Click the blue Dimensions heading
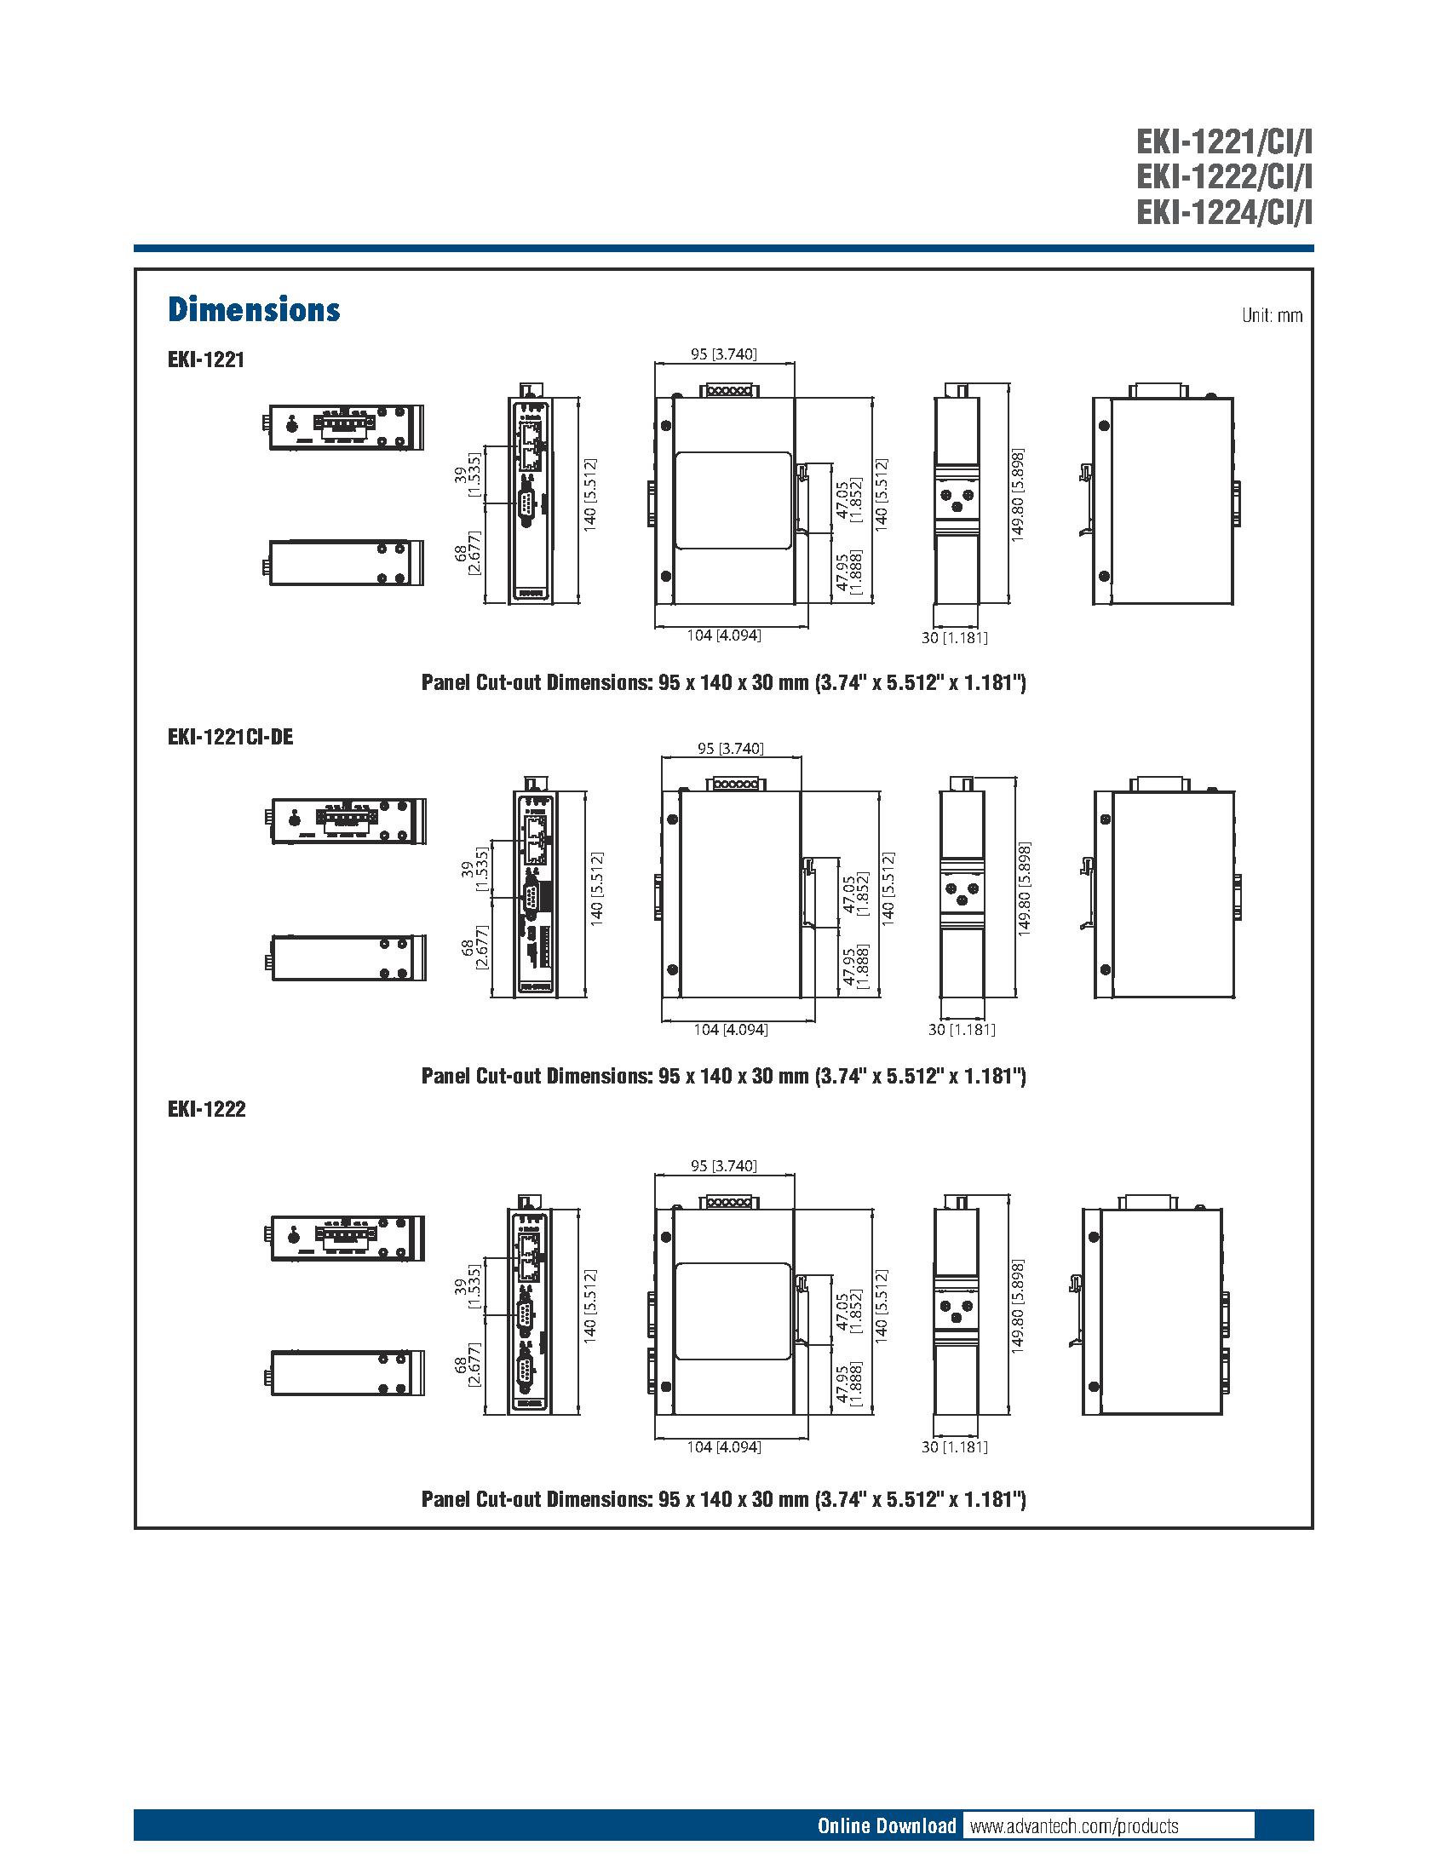pos(254,310)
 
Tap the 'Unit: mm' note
pos(1272,316)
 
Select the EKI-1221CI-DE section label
pos(231,737)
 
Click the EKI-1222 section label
pos(207,1109)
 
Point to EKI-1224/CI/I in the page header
pos(1224,212)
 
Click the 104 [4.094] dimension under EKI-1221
pos(724,635)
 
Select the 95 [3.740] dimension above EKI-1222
pos(724,1165)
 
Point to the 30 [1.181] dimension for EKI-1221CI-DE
pos(962,1030)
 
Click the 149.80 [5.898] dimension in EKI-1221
pos(1017,493)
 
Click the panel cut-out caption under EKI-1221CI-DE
pos(723,1076)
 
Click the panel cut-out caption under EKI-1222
pos(723,1499)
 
